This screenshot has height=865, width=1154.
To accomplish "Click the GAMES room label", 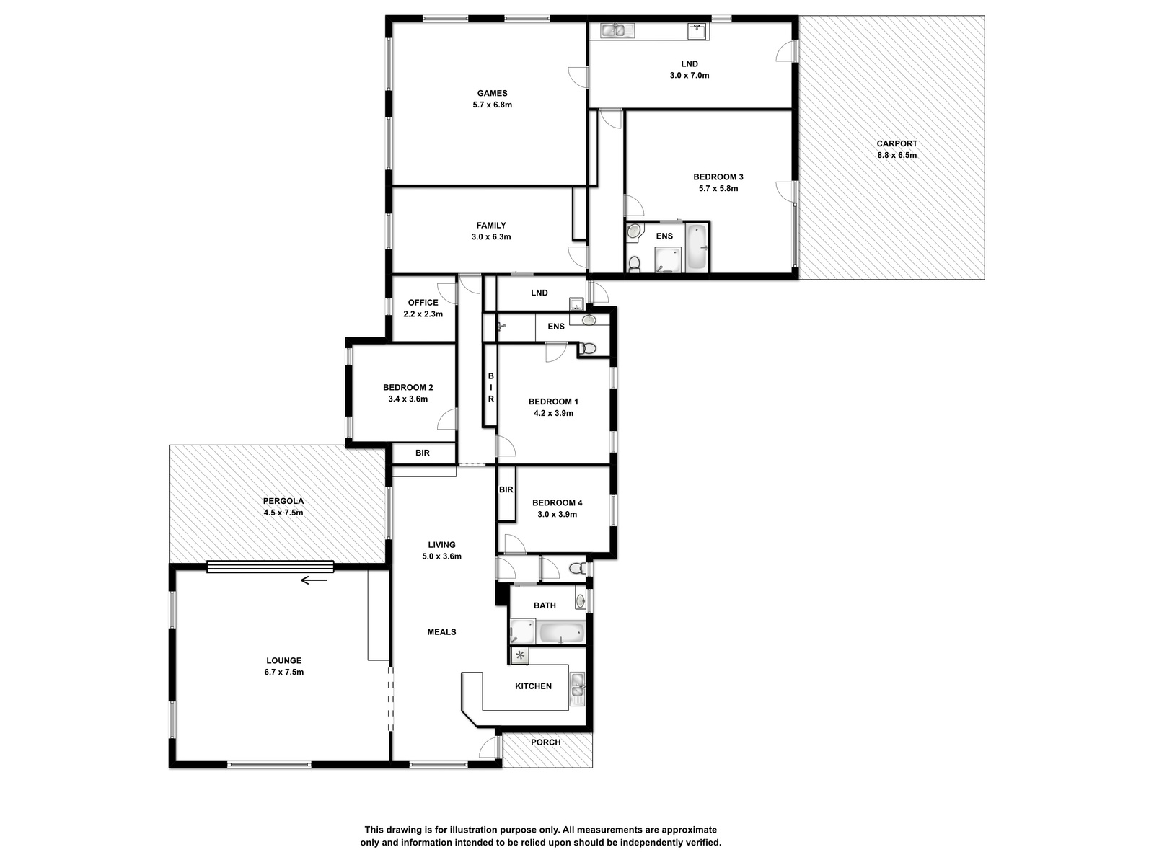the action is point(492,94).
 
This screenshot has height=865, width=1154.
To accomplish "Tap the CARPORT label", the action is point(897,143).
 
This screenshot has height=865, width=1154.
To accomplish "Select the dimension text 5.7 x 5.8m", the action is point(718,189).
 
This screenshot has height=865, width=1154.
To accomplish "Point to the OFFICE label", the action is point(423,303).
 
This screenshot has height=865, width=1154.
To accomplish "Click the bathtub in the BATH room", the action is point(562,633).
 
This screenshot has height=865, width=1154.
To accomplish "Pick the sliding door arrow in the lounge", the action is point(313,580).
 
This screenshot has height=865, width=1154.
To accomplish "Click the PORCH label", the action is point(545,742).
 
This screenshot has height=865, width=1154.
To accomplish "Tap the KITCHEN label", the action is point(533,686).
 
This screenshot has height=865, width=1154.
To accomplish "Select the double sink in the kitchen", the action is point(577,688).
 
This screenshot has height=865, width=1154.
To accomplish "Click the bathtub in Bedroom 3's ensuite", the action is point(697,247).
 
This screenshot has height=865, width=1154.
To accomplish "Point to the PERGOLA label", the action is point(283,501).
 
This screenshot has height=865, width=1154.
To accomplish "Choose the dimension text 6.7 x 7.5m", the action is point(284,672).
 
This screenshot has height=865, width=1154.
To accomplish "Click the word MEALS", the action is point(441,632).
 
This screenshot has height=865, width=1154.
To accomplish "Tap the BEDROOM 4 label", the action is point(557,502).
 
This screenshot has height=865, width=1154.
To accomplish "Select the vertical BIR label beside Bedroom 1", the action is point(490,388).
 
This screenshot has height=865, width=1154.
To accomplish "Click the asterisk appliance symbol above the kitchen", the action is point(520,655).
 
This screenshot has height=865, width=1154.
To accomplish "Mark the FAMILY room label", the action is point(491,226).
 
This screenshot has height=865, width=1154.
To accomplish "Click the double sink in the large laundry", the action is point(618,31).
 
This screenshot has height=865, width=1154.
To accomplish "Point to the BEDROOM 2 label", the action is point(408,388).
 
